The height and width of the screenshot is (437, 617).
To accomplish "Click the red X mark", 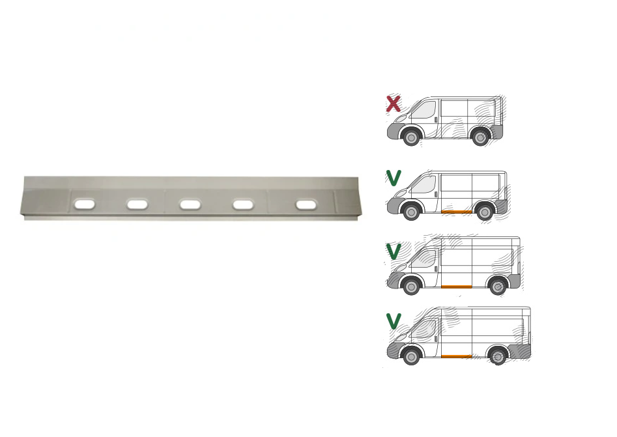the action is [x=394, y=104].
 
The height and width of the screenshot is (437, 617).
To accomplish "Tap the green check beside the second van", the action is [x=394, y=178].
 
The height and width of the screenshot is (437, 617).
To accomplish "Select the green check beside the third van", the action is [x=394, y=251].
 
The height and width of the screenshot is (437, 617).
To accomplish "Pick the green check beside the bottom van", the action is [x=394, y=321].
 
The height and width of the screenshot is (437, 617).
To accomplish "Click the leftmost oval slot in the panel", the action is [x=85, y=204].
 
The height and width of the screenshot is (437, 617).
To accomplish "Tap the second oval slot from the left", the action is [x=137, y=204].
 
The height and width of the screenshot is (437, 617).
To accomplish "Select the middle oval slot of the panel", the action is [x=190, y=204].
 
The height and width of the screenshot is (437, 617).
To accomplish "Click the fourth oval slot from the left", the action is [x=243, y=204].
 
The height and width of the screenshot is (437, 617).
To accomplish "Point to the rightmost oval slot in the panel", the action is [x=306, y=205].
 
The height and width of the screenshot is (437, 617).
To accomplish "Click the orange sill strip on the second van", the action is [x=457, y=212].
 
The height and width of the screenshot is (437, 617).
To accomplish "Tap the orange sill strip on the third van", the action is [x=457, y=287].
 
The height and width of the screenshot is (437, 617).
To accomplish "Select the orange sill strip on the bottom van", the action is [x=457, y=356].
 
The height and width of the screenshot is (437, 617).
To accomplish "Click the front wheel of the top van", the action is [x=411, y=137].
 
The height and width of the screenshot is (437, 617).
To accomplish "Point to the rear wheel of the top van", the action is [x=480, y=137].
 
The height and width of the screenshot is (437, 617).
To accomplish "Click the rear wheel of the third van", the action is [x=497, y=287].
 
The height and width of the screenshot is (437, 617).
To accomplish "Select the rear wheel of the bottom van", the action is [x=497, y=356].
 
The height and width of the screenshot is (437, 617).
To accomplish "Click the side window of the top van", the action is [x=425, y=110].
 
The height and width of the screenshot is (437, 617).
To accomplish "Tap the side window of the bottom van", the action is [x=424, y=330].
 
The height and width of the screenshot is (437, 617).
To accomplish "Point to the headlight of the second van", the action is [x=401, y=193].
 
